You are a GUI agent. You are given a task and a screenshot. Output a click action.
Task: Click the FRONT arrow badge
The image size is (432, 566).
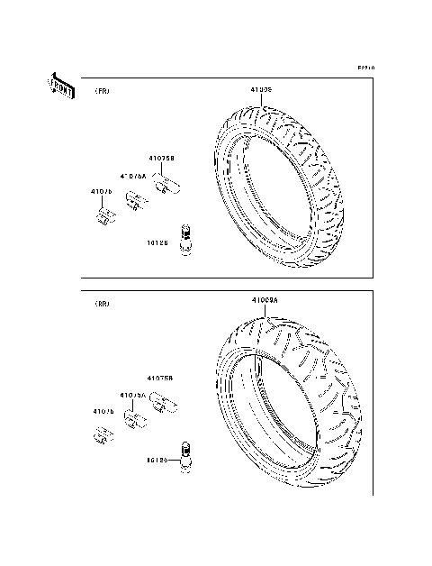click(x=59, y=86)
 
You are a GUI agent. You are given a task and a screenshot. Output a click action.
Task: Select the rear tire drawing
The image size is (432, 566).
click(x=288, y=406)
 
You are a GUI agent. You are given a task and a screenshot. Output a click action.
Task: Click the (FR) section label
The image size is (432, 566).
click(x=102, y=92)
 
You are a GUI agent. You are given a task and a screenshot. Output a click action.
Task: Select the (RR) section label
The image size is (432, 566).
click(x=102, y=304)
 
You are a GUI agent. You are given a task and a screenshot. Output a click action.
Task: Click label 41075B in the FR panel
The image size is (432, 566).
click(x=161, y=158)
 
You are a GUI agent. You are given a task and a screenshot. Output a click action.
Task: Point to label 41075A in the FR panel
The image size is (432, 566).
click(x=133, y=176)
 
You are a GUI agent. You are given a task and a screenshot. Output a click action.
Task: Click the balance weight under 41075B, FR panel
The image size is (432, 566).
click(x=166, y=187)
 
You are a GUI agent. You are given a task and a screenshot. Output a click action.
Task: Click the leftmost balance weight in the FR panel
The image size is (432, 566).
click(x=105, y=215)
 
